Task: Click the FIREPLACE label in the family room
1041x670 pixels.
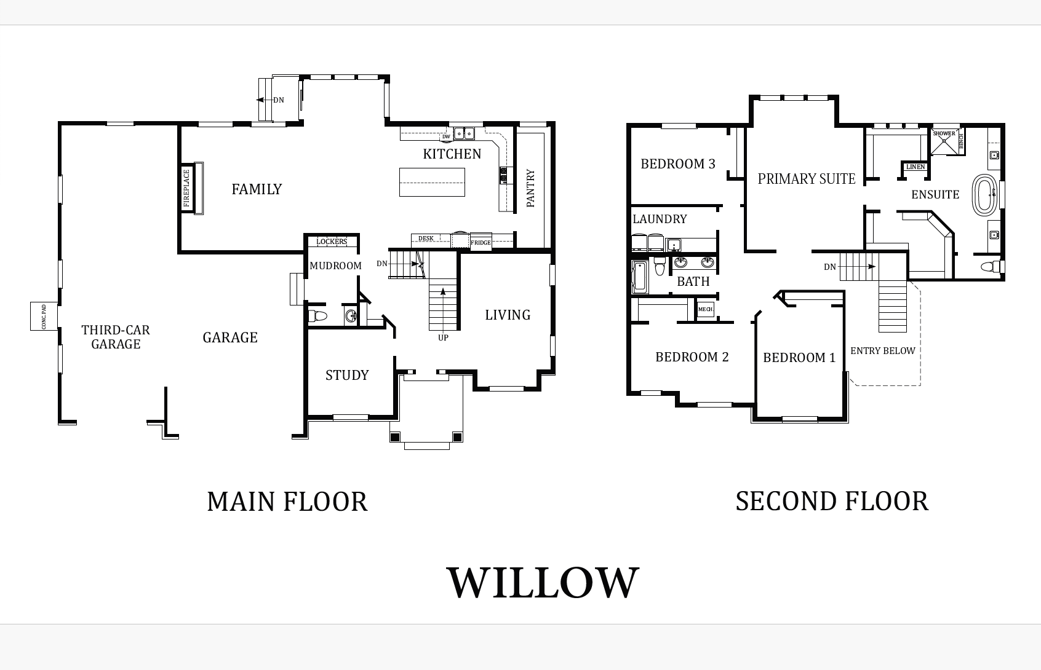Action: point(187,188)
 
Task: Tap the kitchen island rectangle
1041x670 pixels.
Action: point(432,182)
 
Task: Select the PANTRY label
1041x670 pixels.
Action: point(531,188)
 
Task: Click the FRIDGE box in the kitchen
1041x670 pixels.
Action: point(481,242)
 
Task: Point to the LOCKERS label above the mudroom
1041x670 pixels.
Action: point(332,242)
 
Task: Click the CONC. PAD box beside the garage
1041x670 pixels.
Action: point(44,316)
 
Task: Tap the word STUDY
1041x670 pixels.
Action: point(347,375)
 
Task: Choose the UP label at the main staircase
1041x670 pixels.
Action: point(444,337)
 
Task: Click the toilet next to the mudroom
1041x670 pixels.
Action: point(318,316)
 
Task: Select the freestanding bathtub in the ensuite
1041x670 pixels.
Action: point(984,195)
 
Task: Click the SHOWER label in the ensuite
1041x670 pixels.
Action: point(944,133)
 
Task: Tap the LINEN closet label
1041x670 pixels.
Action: point(915,167)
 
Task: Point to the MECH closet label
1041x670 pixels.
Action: point(705,309)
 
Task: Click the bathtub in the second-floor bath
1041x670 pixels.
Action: point(639,277)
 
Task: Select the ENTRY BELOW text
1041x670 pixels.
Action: point(882,350)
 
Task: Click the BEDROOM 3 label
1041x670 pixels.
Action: point(678,164)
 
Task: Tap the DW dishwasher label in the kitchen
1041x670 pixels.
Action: point(446,136)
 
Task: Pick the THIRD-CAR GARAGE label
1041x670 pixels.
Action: point(116,337)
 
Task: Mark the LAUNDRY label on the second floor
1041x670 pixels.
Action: point(660,219)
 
